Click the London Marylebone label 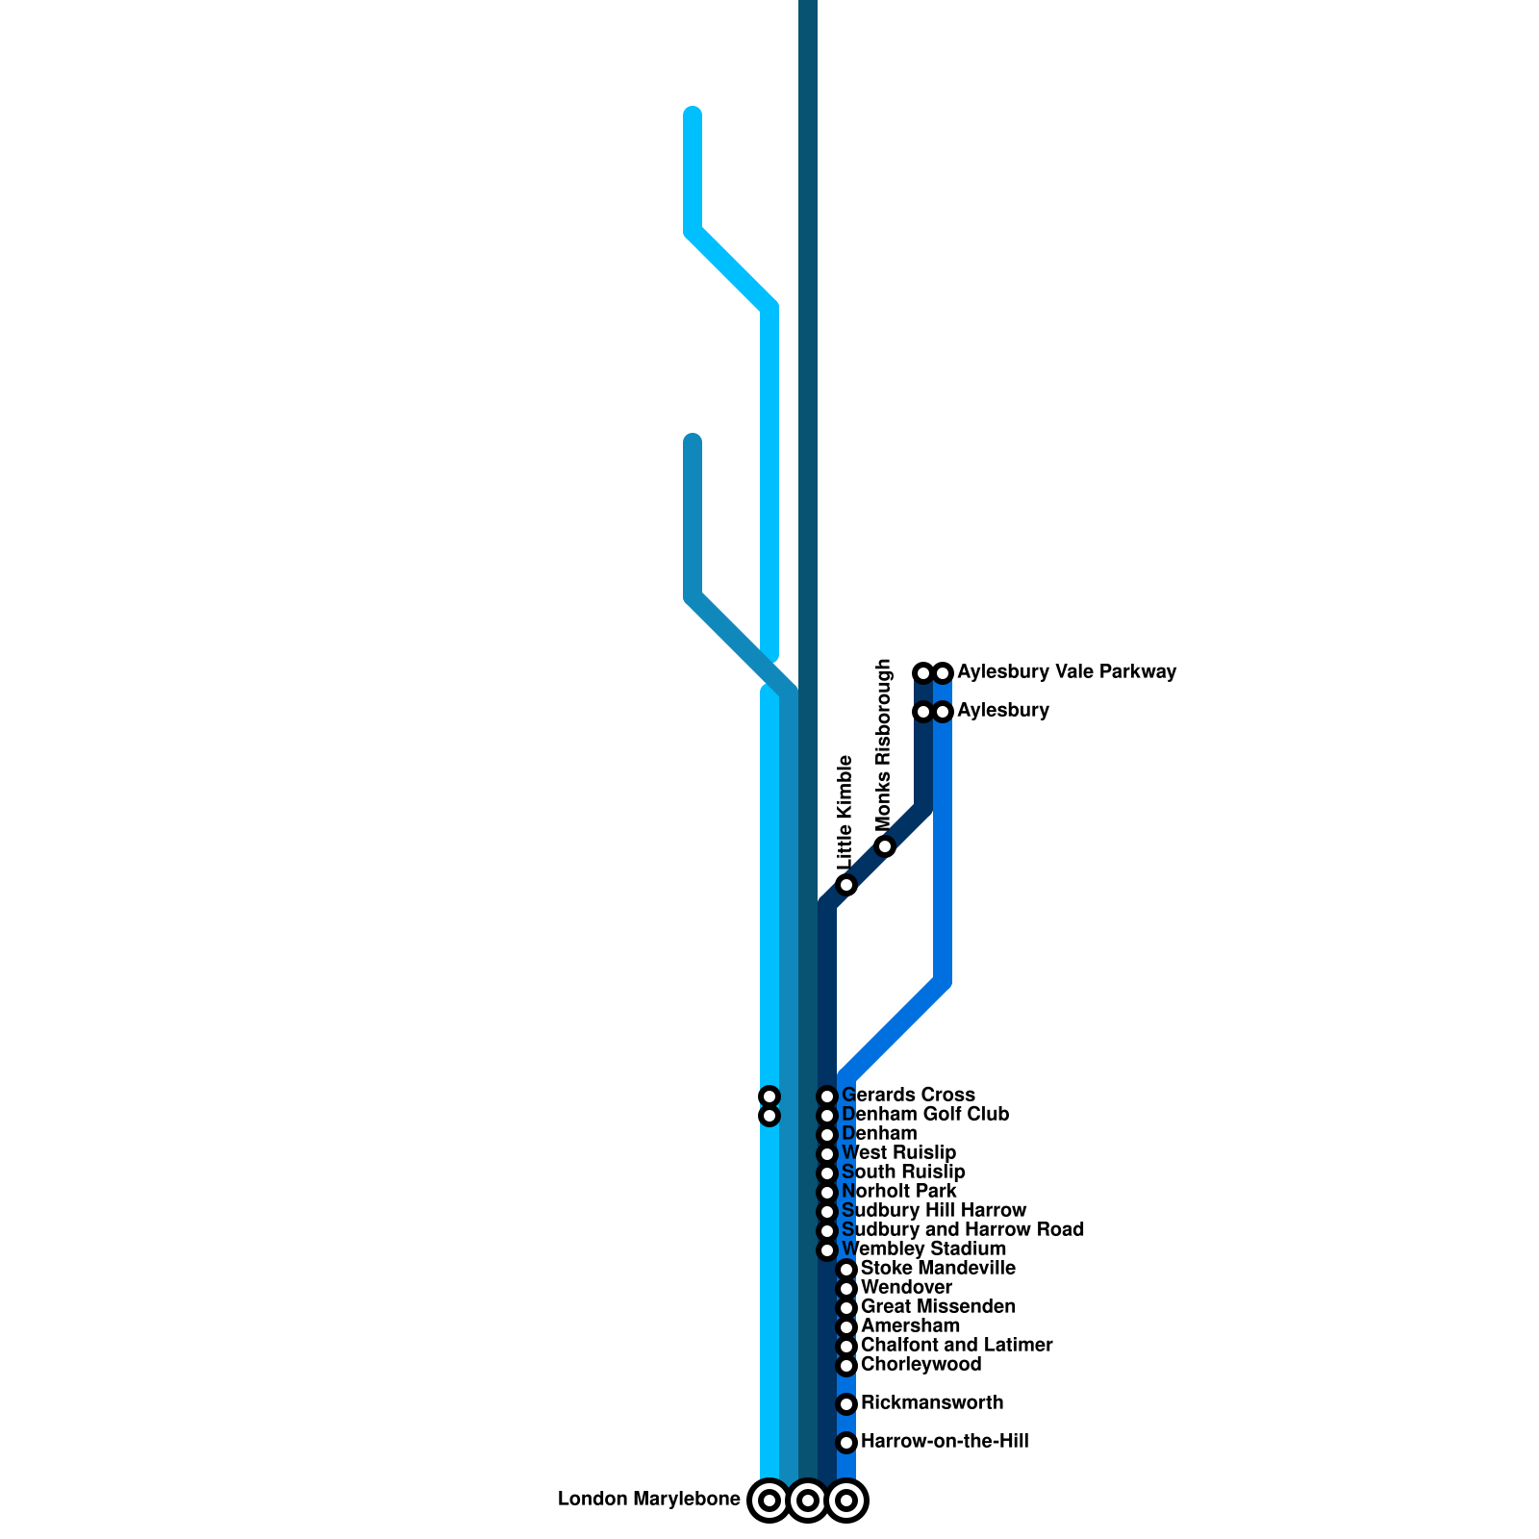click(648, 1500)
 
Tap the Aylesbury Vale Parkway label click(1067, 672)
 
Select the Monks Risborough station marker click(885, 846)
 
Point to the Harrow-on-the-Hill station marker click(846, 1443)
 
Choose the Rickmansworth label click(931, 1403)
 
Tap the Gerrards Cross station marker click(827, 1097)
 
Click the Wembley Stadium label click(923, 1249)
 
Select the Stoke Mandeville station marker click(846, 1270)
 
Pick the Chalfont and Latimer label click(956, 1346)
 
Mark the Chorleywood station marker click(846, 1366)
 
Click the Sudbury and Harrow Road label click(962, 1230)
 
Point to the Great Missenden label click(938, 1307)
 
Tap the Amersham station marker click(846, 1327)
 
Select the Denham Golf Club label click(924, 1115)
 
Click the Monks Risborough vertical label click(884, 745)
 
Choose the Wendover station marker click(846, 1289)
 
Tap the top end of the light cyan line click(693, 114)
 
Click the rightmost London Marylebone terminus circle click(846, 1500)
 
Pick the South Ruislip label click(903, 1173)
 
